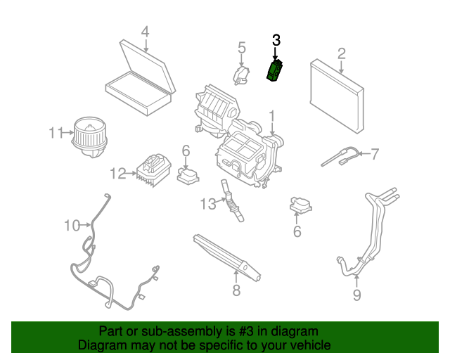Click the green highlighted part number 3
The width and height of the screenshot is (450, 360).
tap(274, 71)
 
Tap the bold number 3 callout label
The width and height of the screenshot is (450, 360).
tap(276, 41)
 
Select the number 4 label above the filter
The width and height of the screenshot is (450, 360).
tap(145, 32)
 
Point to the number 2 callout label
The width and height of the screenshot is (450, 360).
tap(341, 53)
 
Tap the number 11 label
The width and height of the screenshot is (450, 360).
tap(56, 132)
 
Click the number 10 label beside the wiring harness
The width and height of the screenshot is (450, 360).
tap(72, 226)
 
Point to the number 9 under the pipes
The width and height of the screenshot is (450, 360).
tap(356, 295)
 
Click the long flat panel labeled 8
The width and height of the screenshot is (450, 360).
tap(229, 256)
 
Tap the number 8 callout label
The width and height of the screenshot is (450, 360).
tap(236, 290)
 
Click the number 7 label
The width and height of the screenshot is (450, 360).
tap(375, 153)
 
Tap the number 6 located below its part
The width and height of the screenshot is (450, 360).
tap(297, 231)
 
